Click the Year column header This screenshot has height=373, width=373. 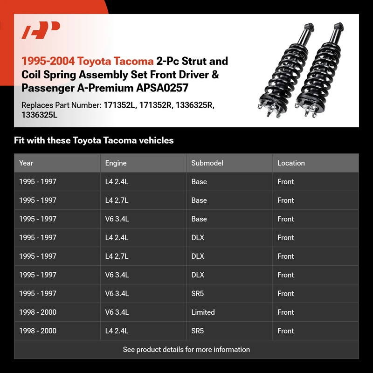tap(26, 163)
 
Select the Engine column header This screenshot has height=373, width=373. tap(116, 163)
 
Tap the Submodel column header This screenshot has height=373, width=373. tap(207, 163)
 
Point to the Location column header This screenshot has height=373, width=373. tap(291, 163)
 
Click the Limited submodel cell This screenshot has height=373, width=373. tap(203, 312)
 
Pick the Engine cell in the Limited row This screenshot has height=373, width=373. tap(117, 312)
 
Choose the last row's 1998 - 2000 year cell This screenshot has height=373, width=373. tap(38, 331)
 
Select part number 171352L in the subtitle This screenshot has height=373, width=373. tap(118, 105)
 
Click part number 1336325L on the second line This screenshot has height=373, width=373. tap(40, 115)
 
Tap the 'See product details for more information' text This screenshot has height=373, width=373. tap(186, 350)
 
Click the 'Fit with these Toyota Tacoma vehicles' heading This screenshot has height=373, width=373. tap(94, 140)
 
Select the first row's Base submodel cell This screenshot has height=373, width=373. tap(199, 182)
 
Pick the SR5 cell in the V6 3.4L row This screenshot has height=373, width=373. tap(198, 294)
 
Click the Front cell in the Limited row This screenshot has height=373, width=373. tap(286, 312)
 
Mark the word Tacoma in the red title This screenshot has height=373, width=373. tap(135, 61)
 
